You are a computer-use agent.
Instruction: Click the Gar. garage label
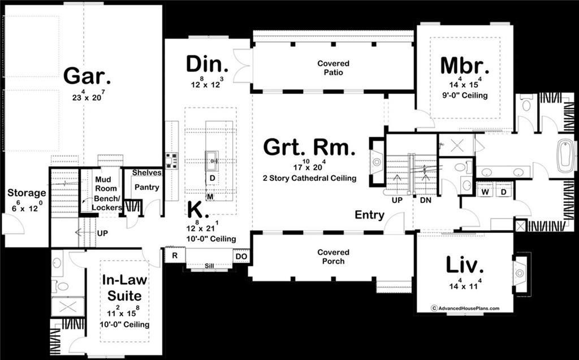pyautogui.click(x=87, y=76)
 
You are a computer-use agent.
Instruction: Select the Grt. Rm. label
pyautogui.click(x=309, y=148)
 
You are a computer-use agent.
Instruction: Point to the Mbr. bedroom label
pyautogui.click(x=465, y=66)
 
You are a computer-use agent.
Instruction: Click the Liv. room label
pyautogui.click(x=465, y=264)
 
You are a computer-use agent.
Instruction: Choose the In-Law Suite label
pyautogui.click(x=122, y=288)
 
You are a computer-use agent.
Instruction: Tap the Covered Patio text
pyautogui.click(x=333, y=68)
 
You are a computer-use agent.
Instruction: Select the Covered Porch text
pyautogui.click(x=333, y=257)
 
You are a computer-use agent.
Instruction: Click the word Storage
pyautogui.click(x=27, y=193)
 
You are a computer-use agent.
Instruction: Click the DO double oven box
pyautogui.click(x=241, y=256)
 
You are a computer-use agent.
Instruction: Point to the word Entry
pyautogui.click(x=369, y=215)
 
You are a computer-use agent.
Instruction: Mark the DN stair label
pyautogui.click(x=426, y=200)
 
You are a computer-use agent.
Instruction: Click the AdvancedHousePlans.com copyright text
pyautogui.click(x=465, y=309)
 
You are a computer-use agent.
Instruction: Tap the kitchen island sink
pyautogui.click(x=211, y=161)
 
